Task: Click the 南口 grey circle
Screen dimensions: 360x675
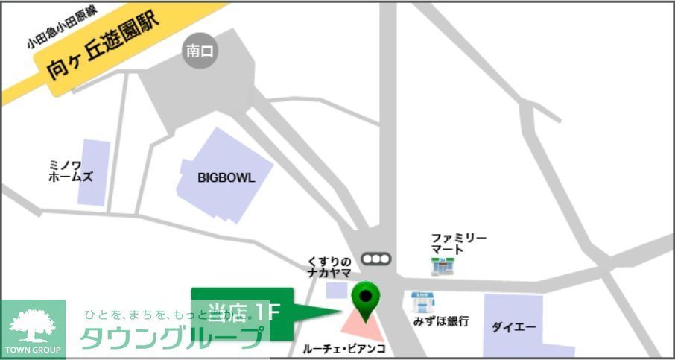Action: (200, 51)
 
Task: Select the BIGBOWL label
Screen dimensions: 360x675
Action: (226, 178)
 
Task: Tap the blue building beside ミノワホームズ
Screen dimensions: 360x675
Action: (94, 172)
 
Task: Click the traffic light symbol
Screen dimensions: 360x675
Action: (375, 259)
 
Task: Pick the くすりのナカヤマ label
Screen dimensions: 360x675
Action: (329, 267)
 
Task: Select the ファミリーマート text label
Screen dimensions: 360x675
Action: (458, 243)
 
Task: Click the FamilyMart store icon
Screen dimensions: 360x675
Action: (443, 265)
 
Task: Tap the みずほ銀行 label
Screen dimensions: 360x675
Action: (441, 322)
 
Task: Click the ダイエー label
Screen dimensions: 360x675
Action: (513, 326)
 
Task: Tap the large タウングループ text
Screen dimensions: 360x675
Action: (171, 338)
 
